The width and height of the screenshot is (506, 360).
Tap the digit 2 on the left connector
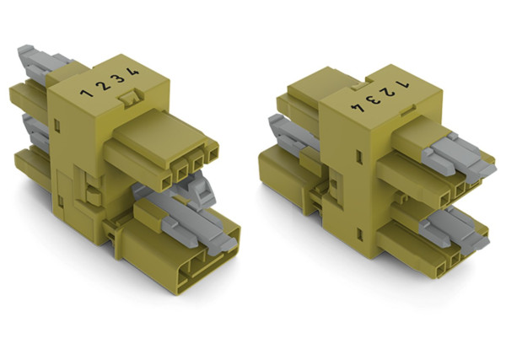click(103, 83)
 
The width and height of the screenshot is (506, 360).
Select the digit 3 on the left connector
click(120, 78)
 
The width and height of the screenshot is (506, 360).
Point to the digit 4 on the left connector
click(136, 72)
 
